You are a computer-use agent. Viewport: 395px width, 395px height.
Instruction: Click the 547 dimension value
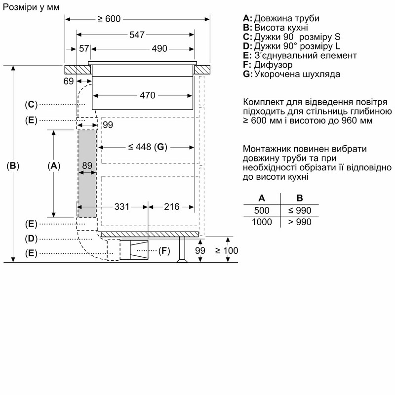(137, 35)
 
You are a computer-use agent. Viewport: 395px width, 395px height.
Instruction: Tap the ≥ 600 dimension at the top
(109, 19)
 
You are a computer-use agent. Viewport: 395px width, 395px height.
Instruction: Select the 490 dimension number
(159, 48)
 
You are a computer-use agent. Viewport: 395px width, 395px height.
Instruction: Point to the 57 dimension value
(84, 48)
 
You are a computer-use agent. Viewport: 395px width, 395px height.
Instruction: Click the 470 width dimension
(147, 95)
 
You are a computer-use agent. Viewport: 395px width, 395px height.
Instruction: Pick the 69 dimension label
(69, 81)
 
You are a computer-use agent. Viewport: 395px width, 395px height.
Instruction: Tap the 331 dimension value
(121, 207)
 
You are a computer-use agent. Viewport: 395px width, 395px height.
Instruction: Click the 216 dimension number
(171, 207)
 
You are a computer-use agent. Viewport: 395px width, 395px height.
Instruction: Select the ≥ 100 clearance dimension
(227, 251)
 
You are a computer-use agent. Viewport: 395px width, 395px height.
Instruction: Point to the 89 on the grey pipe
(87, 165)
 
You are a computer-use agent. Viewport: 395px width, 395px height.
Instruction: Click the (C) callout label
(31, 104)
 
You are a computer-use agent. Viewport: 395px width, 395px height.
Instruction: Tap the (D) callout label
(31, 238)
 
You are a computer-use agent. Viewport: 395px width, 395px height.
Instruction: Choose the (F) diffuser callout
(164, 251)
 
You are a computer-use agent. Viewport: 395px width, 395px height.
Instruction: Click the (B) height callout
(13, 166)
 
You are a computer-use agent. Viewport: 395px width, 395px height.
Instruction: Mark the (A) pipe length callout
(54, 166)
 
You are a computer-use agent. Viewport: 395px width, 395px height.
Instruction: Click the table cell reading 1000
(262, 222)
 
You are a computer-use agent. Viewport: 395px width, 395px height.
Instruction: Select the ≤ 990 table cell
(300, 210)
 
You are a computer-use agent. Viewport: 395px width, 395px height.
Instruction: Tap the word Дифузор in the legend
(274, 65)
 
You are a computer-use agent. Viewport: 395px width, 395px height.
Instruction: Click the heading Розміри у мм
(31, 7)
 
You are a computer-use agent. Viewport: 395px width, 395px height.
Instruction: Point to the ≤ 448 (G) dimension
(147, 147)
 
